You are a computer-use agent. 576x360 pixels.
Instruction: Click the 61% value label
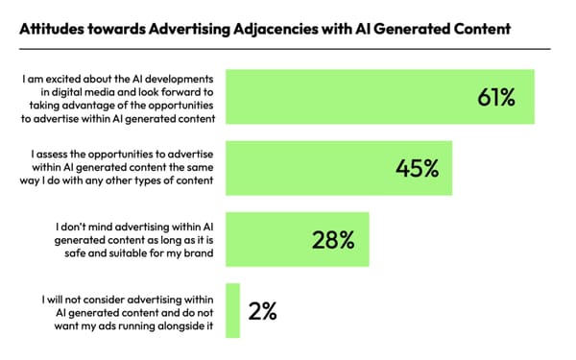coord(496,97)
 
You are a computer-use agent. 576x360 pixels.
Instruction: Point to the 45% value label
coord(417,168)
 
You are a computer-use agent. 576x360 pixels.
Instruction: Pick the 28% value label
coord(332,239)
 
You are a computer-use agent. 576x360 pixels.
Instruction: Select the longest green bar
coord(378,97)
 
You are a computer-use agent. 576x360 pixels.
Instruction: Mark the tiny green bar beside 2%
coord(230,310)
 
